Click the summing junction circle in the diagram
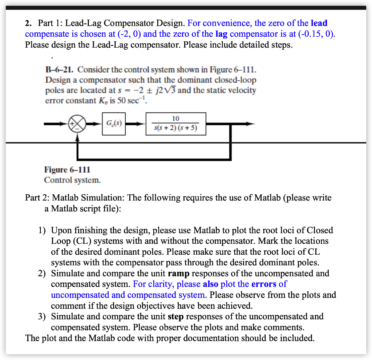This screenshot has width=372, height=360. [x=77, y=124]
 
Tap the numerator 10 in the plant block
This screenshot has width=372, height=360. [x=175, y=119]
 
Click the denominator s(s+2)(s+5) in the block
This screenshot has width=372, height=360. [x=176, y=128]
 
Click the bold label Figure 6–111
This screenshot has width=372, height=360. [x=67, y=170]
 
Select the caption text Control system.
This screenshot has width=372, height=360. [x=72, y=180]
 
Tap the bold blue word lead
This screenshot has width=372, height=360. [x=319, y=23]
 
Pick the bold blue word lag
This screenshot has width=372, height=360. [x=222, y=34]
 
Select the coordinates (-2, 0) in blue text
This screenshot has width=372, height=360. [x=127, y=34]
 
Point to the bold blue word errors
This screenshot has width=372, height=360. [x=264, y=284]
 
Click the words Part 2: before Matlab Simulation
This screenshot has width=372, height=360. [x=37, y=198]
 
